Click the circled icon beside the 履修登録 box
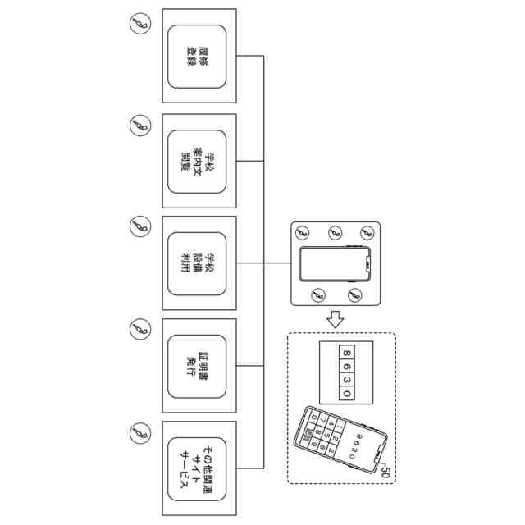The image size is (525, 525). click(140, 25)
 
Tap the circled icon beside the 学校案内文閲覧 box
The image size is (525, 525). click(140, 126)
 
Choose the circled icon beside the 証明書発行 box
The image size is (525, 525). click(140, 329)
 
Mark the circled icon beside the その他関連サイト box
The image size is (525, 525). click(140, 431)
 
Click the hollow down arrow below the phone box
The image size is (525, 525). click(333, 317)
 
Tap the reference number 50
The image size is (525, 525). click(386, 471)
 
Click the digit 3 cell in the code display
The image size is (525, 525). click(347, 380)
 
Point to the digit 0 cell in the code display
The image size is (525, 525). click(347, 394)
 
